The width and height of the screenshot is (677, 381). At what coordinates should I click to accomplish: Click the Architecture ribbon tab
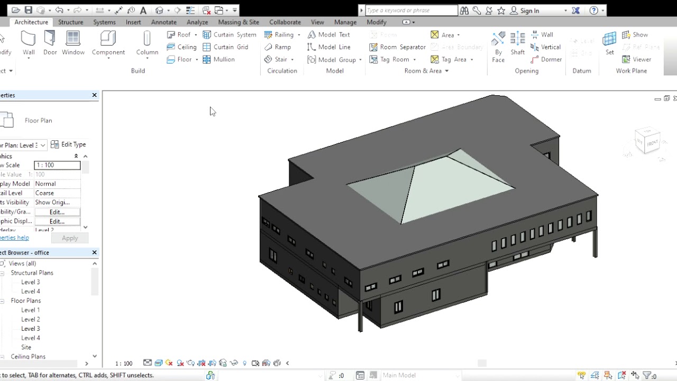pos(31,22)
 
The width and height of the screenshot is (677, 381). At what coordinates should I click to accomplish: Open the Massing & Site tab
pos(239,22)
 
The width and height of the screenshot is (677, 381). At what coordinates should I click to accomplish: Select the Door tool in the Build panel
pos(50,43)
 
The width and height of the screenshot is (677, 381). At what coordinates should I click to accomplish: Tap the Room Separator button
pos(397,47)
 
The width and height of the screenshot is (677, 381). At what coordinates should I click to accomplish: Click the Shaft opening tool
pos(517,43)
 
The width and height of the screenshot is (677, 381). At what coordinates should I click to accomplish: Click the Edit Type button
pos(68,144)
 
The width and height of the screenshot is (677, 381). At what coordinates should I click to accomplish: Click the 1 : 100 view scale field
pos(57,165)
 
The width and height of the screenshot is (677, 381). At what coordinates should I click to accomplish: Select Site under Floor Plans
pos(26,347)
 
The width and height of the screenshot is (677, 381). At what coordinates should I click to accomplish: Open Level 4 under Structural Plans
pos(30,292)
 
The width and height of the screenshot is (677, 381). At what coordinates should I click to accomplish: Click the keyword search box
pos(411,11)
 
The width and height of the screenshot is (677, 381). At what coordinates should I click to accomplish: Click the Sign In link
pos(529,11)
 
